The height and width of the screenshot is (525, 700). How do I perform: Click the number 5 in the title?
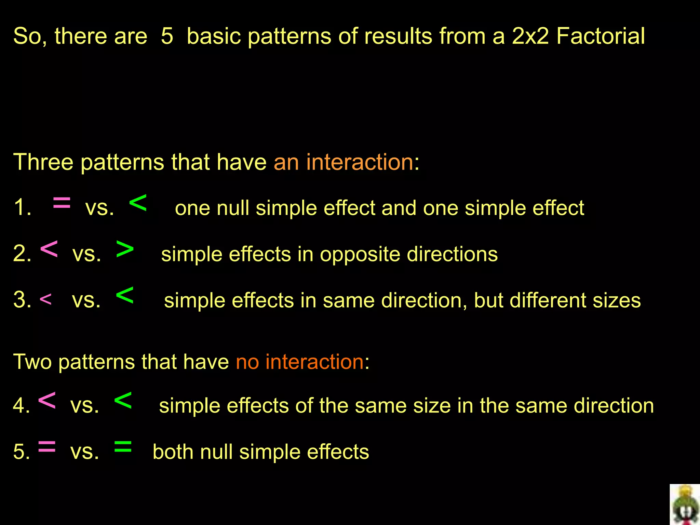167,36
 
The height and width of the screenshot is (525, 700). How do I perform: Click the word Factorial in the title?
601,36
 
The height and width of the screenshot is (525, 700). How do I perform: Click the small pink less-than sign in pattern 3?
45,300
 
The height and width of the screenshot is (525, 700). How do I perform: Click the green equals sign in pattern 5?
123,447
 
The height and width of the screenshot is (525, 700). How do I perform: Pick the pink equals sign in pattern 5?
47,447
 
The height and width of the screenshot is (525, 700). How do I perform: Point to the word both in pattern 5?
173,452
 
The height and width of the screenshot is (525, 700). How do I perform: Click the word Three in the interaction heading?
43,162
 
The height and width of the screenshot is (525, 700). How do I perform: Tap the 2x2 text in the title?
530,36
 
